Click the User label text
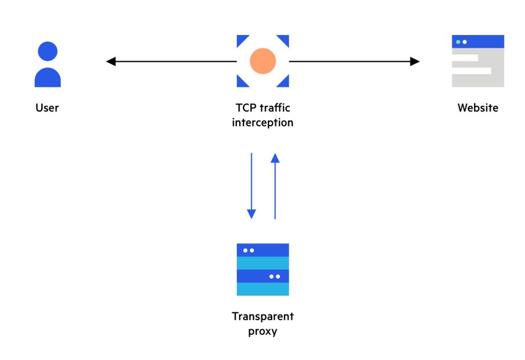click(x=47, y=108)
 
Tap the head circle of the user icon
click(x=47, y=51)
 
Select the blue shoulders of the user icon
click(x=47, y=78)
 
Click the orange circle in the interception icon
click(x=262, y=61)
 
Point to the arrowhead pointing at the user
click(x=111, y=62)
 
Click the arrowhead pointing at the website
click(x=415, y=62)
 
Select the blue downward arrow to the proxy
click(x=251, y=185)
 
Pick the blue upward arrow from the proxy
click(x=275, y=185)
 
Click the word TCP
click(x=245, y=108)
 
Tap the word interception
click(x=262, y=123)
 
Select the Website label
click(x=478, y=108)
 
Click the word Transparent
click(x=262, y=316)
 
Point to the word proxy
click(x=262, y=331)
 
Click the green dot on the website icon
click(x=458, y=42)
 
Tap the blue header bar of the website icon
click(x=484, y=42)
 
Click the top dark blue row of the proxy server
click(x=262, y=250)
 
